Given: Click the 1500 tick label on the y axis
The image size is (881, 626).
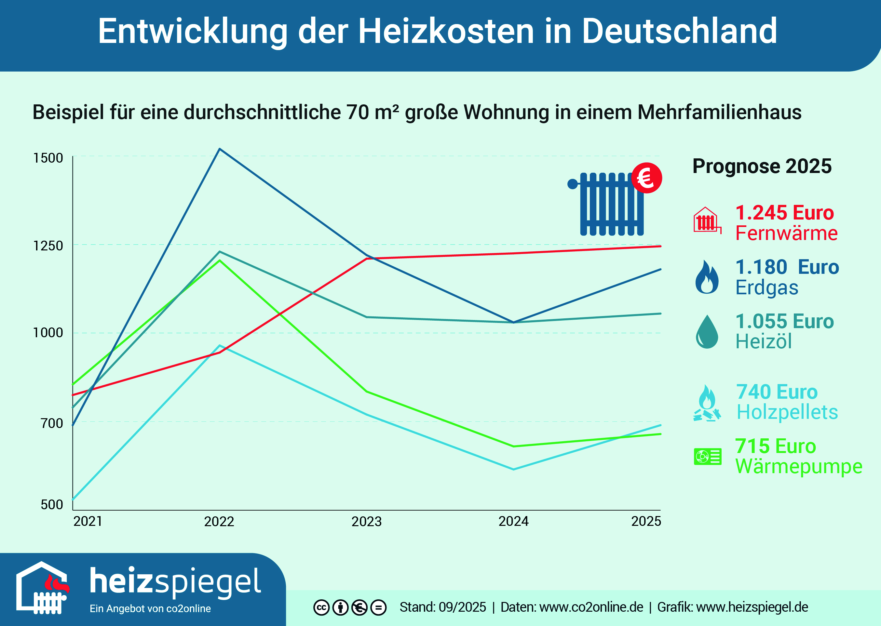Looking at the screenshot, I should [48, 158].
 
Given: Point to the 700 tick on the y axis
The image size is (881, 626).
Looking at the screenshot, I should [52, 423].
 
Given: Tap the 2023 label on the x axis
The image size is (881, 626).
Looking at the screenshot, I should [366, 522].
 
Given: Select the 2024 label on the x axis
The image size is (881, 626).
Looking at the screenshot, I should [513, 522].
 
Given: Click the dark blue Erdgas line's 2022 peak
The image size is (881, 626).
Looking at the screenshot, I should [219, 149].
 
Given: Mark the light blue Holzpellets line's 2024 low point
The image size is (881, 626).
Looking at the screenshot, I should [513, 470].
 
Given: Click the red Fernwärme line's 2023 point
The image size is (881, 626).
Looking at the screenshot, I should [367, 258].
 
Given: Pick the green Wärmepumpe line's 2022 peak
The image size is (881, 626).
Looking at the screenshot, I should [219, 260].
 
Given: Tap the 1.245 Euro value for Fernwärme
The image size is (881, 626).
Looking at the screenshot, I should [784, 213].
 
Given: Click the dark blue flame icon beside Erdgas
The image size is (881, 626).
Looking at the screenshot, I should [707, 277].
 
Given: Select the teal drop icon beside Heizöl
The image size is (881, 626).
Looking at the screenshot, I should [707, 332].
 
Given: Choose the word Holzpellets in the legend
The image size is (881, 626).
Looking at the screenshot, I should [787, 412].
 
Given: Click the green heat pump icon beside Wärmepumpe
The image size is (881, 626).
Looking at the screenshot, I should [708, 457].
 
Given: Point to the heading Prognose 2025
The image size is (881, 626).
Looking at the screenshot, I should [762, 166].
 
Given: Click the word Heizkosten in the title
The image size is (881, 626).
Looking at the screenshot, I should [446, 31].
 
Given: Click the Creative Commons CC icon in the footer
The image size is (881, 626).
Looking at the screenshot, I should [321, 608].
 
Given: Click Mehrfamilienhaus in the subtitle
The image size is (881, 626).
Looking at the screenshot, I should [719, 113].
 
